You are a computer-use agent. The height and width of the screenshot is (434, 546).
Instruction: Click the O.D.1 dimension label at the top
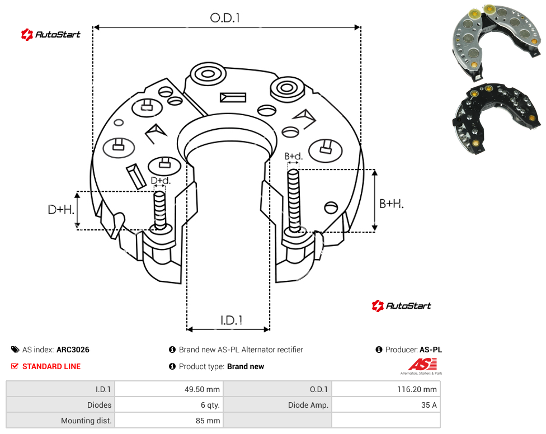[x=225, y=18]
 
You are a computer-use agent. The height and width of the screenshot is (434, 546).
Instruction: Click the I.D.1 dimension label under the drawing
[x=231, y=320]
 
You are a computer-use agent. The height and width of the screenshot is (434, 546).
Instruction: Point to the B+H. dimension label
[x=392, y=204]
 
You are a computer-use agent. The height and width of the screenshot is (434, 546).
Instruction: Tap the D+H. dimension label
[x=61, y=210]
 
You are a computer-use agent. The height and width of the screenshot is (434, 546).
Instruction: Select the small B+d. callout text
[x=294, y=156]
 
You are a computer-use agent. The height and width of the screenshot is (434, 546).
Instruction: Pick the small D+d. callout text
[x=161, y=181]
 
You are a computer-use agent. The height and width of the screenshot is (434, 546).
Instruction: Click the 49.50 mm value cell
[x=202, y=389]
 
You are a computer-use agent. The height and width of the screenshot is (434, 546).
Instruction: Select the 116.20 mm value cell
[x=417, y=389]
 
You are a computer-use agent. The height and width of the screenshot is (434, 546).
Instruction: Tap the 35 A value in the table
[x=429, y=405]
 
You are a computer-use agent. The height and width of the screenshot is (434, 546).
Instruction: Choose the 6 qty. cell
[x=210, y=405]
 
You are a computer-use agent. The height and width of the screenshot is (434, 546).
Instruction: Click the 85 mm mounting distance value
[x=208, y=421]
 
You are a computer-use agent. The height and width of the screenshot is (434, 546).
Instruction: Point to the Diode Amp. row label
[x=308, y=405]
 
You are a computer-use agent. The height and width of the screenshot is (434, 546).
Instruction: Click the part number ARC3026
[x=73, y=350]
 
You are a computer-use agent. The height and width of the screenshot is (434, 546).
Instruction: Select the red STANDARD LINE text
[x=51, y=366]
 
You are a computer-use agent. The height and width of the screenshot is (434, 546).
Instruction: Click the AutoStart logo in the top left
[x=51, y=35]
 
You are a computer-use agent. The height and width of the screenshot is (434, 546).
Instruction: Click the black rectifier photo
[x=497, y=117]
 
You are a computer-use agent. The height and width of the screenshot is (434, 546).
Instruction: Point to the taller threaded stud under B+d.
[x=294, y=201]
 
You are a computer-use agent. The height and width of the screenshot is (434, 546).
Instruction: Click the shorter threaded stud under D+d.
[x=160, y=210]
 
